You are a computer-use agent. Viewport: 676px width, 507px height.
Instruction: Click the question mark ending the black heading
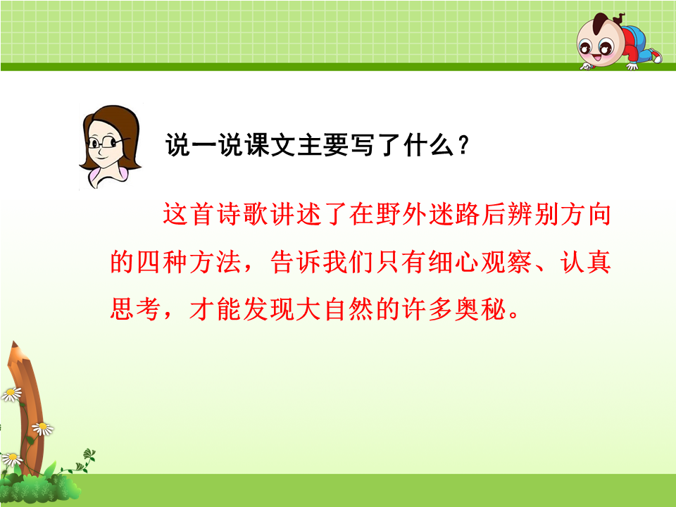click(x=464, y=145)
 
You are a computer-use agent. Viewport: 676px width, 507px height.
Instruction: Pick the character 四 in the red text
click(x=149, y=262)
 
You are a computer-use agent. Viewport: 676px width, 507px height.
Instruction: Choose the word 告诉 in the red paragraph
click(x=296, y=262)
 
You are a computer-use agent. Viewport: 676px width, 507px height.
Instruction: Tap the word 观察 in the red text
click(x=506, y=262)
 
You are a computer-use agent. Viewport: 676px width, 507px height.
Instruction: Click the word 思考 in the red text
click(x=136, y=309)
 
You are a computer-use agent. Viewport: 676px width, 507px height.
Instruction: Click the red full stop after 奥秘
click(x=513, y=315)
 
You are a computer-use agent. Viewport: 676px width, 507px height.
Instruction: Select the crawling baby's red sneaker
click(x=655, y=56)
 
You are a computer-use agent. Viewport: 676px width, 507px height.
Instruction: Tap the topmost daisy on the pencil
click(x=12, y=394)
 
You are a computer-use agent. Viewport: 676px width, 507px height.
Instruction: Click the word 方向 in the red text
click(x=585, y=214)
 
